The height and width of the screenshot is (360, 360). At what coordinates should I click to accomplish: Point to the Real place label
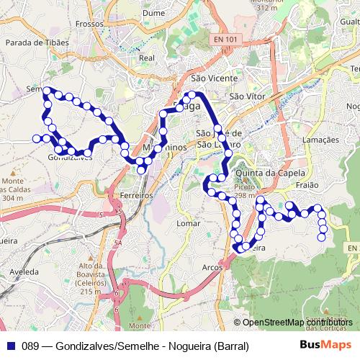click(x=147, y=58)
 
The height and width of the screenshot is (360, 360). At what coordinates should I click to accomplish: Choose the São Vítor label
click(x=247, y=95)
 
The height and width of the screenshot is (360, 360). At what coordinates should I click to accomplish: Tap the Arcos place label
click(x=212, y=267)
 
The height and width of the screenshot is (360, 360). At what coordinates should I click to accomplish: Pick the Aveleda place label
click(x=23, y=273)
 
